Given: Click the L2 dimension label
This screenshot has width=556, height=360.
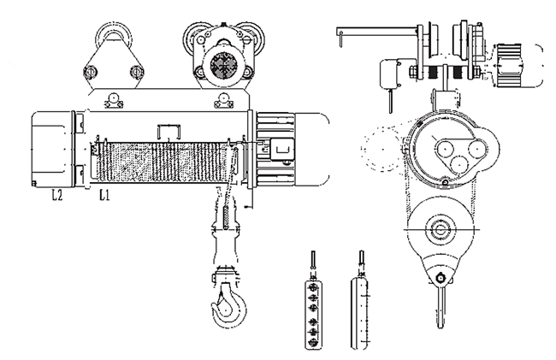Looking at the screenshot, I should click(57, 195).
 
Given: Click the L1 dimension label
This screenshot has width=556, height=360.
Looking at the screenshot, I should click(104, 195).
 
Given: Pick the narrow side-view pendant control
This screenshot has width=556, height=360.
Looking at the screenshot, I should click(360, 304).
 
